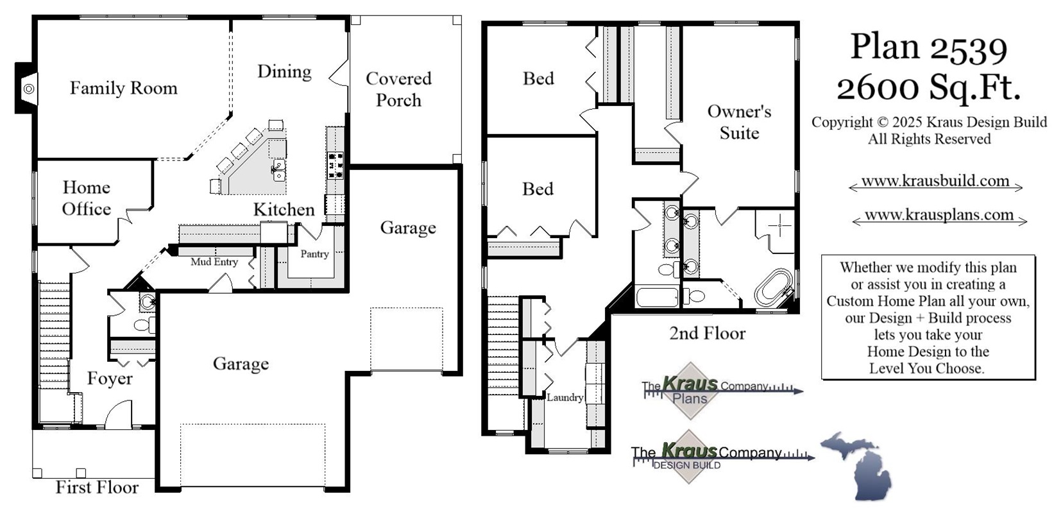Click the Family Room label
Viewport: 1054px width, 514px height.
[x=123, y=88]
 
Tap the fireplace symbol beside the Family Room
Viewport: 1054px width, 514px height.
[x=28, y=89]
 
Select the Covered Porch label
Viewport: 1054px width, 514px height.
[x=398, y=89]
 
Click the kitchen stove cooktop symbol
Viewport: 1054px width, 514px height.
[x=336, y=165]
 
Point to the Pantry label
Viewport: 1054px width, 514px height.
[x=314, y=254]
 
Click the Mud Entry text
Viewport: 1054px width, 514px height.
[x=214, y=262]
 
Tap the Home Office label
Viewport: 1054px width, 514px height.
[x=87, y=198]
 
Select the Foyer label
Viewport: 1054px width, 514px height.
[x=110, y=379]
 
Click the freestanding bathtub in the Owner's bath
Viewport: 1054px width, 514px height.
[x=773, y=287]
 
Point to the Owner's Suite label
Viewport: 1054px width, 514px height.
[x=739, y=122]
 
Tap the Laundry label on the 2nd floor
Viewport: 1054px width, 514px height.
[x=565, y=397]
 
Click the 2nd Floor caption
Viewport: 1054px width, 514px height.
[x=707, y=333]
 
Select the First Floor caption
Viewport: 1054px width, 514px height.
[x=97, y=487]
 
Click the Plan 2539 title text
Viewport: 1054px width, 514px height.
[x=928, y=47]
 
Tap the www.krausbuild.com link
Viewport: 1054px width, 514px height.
[x=935, y=181]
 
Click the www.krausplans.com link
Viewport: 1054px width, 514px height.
[x=939, y=215]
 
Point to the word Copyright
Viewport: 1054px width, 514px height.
[x=842, y=122]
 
